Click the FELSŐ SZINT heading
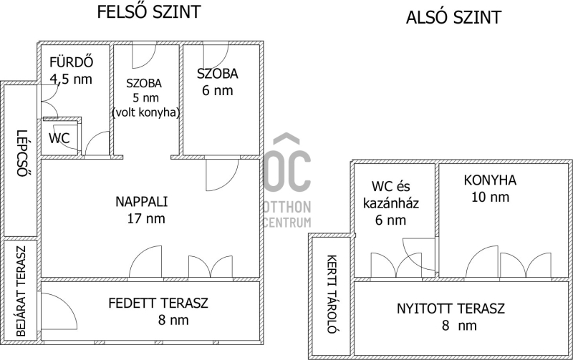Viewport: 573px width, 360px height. tap(149, 11)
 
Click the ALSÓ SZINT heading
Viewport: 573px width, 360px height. tap(453, 17)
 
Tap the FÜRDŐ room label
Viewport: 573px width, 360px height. tap(71, 62)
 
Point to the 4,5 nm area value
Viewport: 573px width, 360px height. tap(71, 79)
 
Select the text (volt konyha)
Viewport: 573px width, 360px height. tap(145, 112)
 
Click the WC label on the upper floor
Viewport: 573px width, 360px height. tap(59, 138)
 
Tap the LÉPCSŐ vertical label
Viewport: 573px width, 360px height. tap(23, 153)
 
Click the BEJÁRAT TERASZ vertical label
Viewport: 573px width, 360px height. tap(21, 291)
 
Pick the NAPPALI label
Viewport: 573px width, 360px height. tap(141, 202)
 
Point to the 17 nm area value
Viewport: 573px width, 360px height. tap(146, 219)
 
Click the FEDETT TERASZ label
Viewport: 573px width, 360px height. tap(158, 303)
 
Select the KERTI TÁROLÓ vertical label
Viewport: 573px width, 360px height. tap(332, 294)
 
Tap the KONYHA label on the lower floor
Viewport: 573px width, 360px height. tap(490, 180)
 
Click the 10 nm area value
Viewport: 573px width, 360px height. tap(490, 197)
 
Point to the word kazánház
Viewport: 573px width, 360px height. tap(390, 203)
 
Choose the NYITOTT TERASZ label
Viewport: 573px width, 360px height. tap(451, 309)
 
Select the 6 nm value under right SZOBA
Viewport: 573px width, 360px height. tap(218, 91)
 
